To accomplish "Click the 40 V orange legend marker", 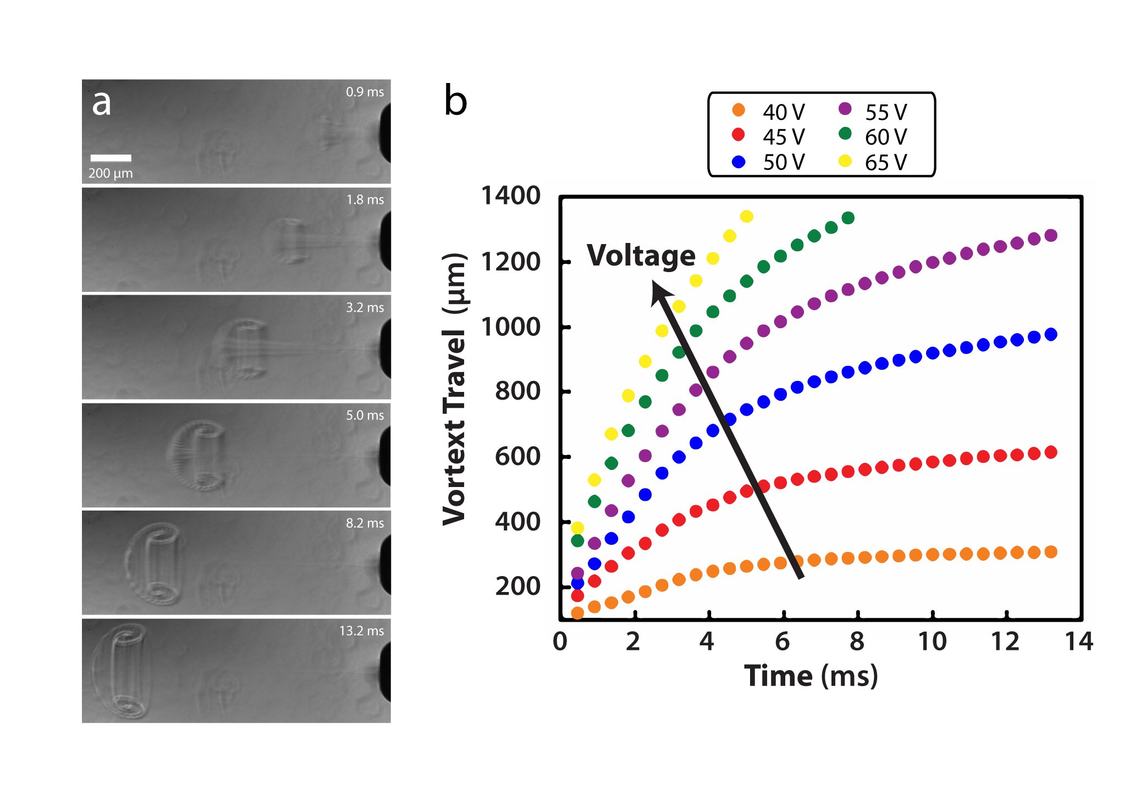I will tap(739, 110).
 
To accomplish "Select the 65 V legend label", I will tap(885, 162).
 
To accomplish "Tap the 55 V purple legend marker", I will tap(845, 109).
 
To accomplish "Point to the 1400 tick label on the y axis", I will tap(510, 196).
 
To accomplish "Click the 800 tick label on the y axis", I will tap(517, 391).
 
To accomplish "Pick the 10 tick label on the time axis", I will tap(932, 641).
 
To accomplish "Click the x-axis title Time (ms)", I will tap(811, 676).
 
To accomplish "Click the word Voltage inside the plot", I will tap(641, 256).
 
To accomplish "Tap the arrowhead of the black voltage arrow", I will tap(660, 291).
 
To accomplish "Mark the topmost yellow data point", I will tap(746, 217).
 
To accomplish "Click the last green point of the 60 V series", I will tap(848, 218).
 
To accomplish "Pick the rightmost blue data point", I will tap(1050, 334).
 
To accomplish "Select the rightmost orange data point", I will tap(1050, 552).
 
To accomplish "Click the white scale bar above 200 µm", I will tap(111, 158).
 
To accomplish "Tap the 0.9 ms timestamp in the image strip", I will tap(365, 92).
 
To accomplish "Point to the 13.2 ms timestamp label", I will tap(361, 630).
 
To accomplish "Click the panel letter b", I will tap(455, 101).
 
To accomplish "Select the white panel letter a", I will tap(102, 103).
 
